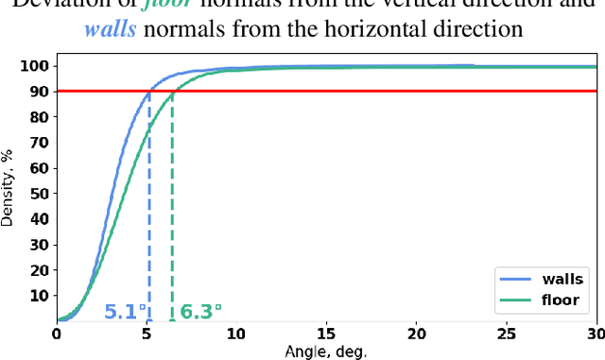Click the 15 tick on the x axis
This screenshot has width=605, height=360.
326,334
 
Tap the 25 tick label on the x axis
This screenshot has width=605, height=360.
506,334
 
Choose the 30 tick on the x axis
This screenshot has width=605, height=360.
595,334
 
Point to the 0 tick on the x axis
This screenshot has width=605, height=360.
57,334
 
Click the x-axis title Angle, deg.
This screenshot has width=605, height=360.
325,351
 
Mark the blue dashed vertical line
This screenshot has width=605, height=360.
148,208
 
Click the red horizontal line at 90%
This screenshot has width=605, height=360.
378,92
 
